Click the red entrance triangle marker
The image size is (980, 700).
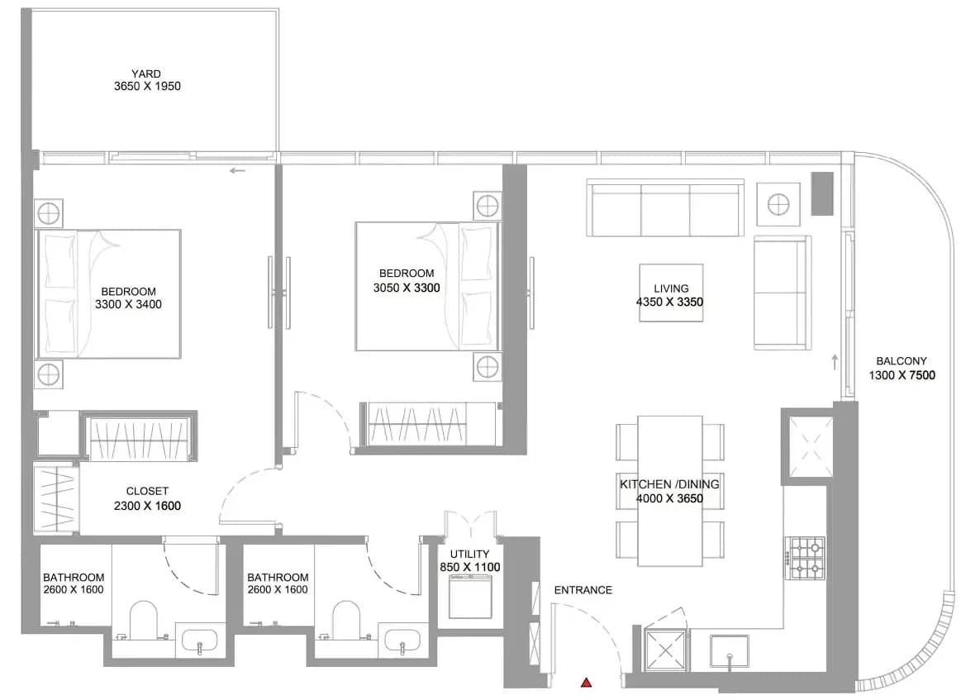586,683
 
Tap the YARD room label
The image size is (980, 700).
146,74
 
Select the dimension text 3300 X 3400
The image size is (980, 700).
128,304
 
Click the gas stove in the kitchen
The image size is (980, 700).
806,558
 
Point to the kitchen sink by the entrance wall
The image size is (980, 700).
730,652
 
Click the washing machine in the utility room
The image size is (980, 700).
470,597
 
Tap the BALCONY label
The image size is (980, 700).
902,360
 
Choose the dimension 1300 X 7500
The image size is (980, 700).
902,375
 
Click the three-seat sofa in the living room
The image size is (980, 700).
665,207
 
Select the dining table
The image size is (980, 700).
670,491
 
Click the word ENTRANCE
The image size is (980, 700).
583,590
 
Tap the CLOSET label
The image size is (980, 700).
147,491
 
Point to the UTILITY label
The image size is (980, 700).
469,554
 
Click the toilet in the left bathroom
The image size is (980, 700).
144,620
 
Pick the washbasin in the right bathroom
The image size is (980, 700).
402,640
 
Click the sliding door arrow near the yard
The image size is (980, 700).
237,170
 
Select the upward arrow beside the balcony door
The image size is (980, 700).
835,362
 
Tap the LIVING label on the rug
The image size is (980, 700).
671,288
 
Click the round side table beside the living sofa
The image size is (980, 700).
778,204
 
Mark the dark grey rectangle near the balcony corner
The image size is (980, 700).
822,193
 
